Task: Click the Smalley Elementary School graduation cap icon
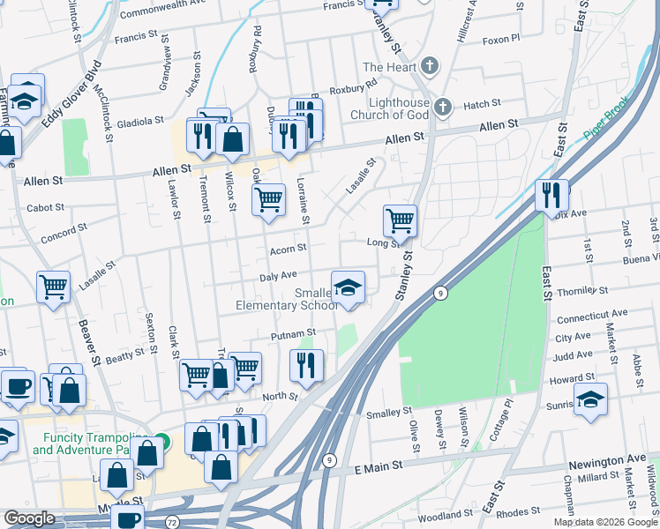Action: pos(348,287)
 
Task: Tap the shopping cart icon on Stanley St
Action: pos(400,220)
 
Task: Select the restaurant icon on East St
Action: pos(551,195)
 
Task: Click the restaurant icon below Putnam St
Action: pos(306,365)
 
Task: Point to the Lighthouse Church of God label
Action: pos(389,108)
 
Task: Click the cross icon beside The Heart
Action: pos(429,67)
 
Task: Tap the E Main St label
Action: pos(378,466)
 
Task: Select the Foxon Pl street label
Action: pos(502,39)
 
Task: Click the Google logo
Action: pos(29,518)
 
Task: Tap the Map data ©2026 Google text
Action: pos(604,522)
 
